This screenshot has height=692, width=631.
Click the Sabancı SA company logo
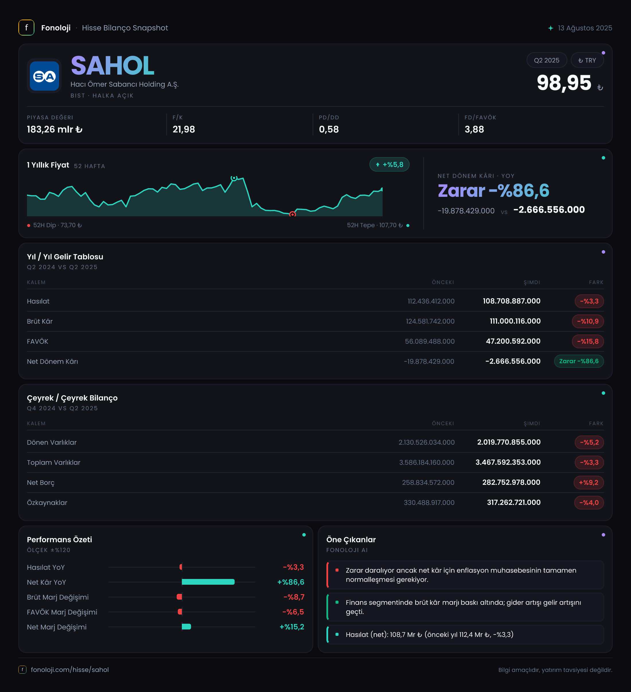(44, 76)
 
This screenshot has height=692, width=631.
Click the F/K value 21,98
(184, 129)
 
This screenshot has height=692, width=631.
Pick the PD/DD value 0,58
(329, 129)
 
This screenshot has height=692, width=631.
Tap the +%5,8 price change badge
(389, 164)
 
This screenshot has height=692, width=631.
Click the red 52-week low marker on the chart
(292, 214)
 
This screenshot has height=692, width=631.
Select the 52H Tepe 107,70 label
(375, 225)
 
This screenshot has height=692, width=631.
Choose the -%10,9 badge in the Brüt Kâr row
(588, 321)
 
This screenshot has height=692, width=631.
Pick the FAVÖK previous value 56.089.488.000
(430, 341)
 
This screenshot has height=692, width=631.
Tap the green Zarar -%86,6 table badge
(579, 361)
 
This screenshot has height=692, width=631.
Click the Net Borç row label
(41, 483)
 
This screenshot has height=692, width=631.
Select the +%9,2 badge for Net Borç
(589, 483)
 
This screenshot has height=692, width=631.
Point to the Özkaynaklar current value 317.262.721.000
(514, 503)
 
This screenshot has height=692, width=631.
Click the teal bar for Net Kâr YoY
(208, 582)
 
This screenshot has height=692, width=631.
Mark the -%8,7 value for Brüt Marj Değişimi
(294, 597)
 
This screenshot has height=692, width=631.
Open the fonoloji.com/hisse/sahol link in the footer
(70, 670)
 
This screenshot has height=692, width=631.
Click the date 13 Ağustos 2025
(585, 28)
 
